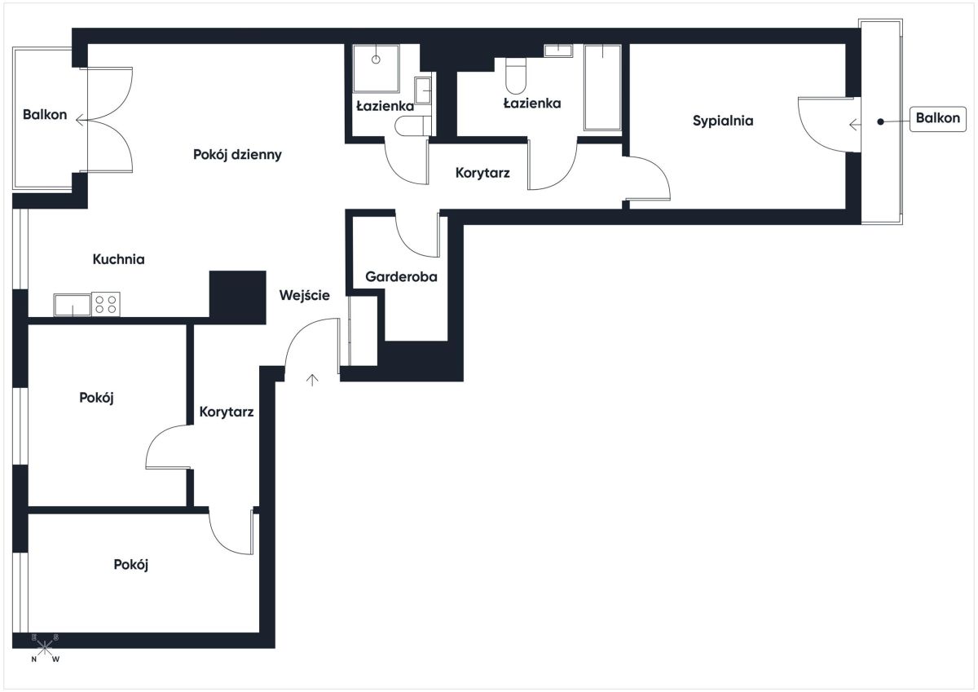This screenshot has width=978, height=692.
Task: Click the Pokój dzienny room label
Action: click(237, 155)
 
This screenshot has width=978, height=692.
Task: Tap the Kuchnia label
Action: click(118, 259)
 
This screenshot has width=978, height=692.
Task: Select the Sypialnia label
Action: click(723, 121)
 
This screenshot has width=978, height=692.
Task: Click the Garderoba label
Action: click(401, 277)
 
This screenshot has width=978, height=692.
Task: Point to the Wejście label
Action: click(304, 296)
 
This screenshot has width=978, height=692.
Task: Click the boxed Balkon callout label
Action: click(938, 118)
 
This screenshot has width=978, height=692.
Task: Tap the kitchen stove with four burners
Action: click(106, 304)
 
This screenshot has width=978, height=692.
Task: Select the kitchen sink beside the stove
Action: click(73, 305)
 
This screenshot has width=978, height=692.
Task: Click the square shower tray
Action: click(376, 68)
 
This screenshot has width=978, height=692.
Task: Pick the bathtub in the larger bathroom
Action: click(602, 87)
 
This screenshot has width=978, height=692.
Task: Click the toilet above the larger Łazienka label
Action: click(516, 77)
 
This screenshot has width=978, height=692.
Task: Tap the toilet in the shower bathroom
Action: click(412, 126)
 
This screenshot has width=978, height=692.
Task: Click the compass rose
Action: click(45, 648)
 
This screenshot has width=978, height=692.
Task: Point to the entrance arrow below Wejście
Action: click(311, 381)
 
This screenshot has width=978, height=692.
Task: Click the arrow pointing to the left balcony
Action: click(81, 120)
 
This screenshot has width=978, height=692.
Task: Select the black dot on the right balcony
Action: click(881, 121)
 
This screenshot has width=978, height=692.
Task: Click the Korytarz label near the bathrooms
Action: click(482, 174)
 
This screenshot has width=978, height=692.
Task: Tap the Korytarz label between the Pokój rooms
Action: click(227, 412)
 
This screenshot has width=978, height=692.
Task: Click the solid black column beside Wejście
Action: click(237, 298)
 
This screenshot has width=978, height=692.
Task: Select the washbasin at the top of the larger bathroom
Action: click(558, 51)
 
